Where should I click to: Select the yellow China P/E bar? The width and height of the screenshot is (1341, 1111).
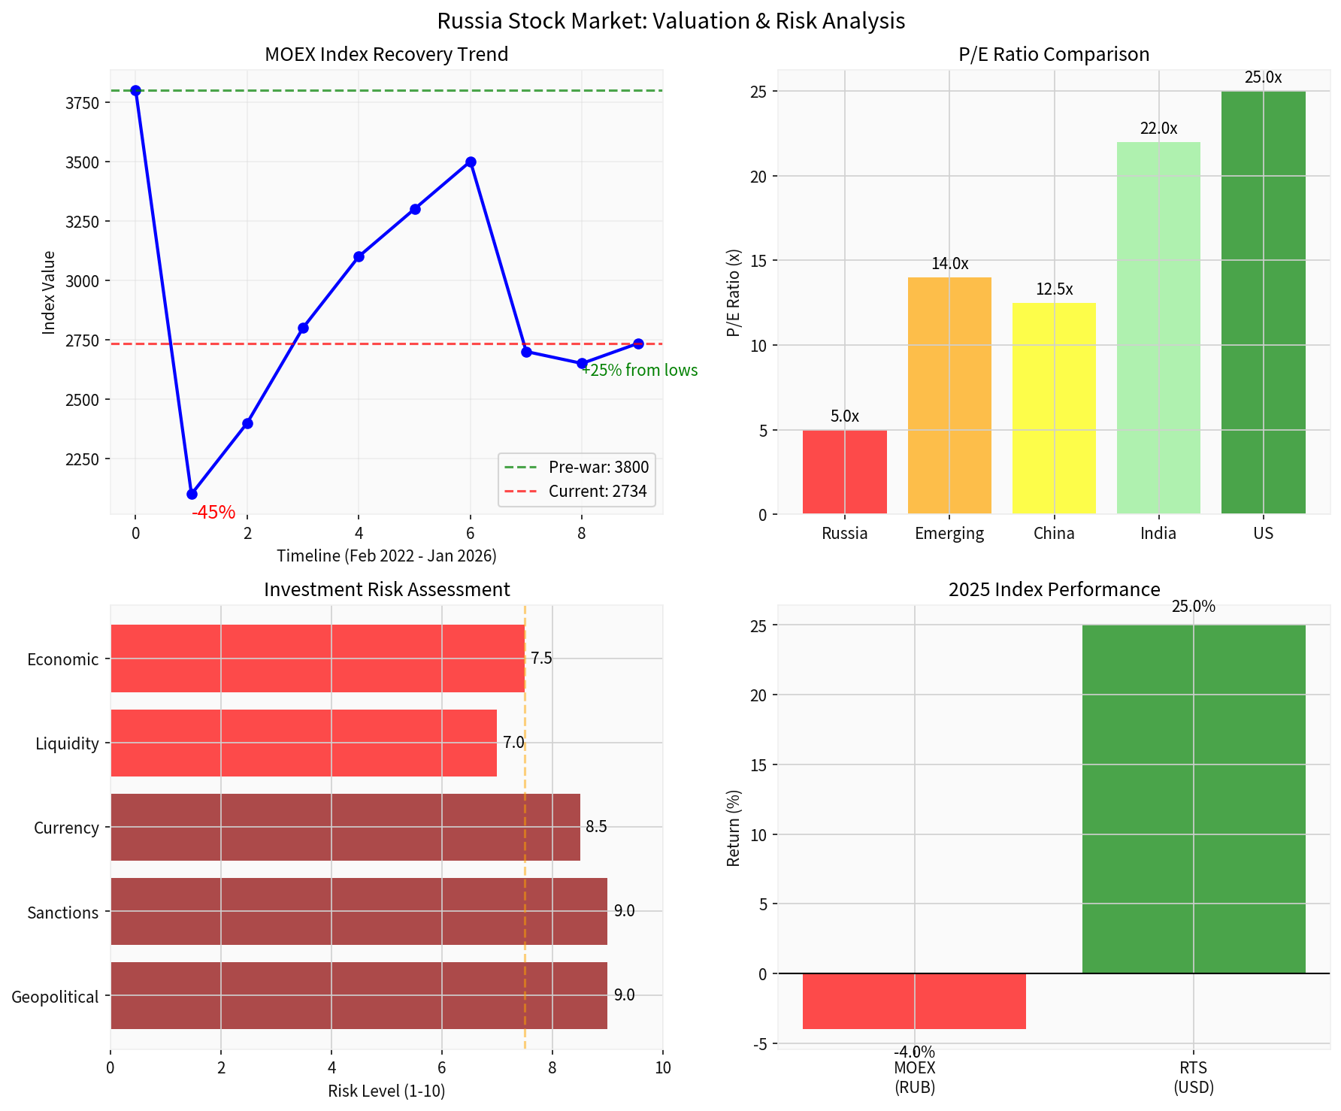click(x=1054, y=409)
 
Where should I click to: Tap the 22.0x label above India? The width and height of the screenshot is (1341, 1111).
click(x=1158, y=129)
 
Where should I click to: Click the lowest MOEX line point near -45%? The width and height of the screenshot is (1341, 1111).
click(x=192, y=494)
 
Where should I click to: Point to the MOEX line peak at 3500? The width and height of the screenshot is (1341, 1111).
click(x=471, y=162)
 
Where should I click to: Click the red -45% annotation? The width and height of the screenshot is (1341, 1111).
click(x=213, y=513)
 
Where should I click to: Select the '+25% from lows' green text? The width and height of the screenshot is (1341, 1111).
click(x=640, y=371)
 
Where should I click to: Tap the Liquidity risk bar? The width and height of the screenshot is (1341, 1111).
click(x=303, y=743)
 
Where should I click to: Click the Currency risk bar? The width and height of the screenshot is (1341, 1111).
click(x=345, y=827)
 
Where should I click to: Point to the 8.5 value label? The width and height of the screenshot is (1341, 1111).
click(x=596, y=827)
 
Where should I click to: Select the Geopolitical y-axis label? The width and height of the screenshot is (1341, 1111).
click(x=55, y=997)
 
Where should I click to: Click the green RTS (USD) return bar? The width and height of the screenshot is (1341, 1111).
click(x=1193, y=799)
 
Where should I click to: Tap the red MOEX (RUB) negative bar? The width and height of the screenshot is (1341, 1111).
click(x=914, y=1001)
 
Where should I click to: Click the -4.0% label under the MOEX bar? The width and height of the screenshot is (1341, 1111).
click(x=914, y=1052)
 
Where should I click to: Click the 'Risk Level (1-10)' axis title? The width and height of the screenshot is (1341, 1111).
click(x=386, y=1091)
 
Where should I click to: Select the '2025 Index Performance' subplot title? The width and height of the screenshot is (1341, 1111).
click(x=1054, y=589)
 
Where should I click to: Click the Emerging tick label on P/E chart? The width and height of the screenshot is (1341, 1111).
click(x=949, y=534)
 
